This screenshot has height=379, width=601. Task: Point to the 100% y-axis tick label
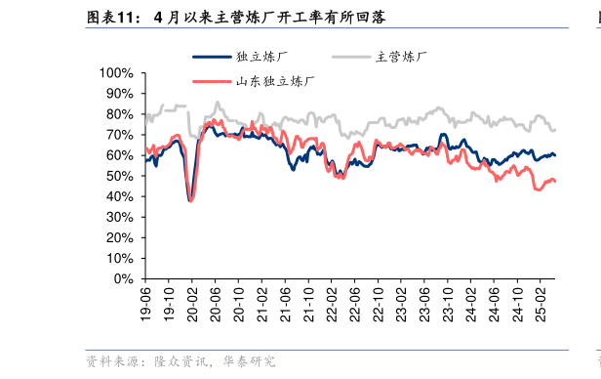[116, 73]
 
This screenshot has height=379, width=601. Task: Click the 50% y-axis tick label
[119, 176]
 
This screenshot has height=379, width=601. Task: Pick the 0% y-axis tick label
[123, 278]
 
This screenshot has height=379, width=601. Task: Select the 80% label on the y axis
[119, 114]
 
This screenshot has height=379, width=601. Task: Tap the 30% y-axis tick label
[119, 217]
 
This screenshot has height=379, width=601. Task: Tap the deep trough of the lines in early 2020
[190, 200]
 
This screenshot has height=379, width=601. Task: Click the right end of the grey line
[556, 128]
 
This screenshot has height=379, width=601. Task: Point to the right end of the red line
[556, 182]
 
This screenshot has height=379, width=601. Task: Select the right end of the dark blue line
[556, 155]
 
